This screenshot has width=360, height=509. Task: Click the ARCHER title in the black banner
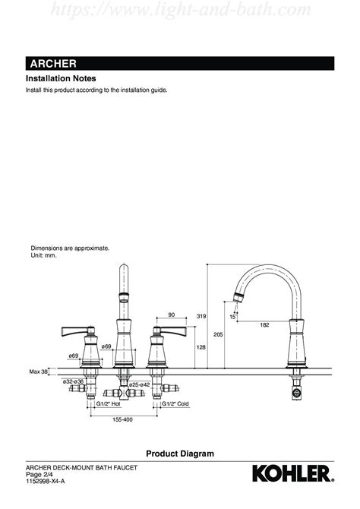53,64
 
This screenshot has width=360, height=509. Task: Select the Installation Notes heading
61,78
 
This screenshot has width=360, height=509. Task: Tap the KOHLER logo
293,473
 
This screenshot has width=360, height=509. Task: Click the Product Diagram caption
180,454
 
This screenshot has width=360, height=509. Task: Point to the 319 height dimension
201,316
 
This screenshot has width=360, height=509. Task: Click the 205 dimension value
218,334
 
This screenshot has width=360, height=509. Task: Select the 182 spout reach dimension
264,324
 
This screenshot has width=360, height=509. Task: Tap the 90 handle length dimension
172,315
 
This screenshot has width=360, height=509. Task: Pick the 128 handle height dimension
201,347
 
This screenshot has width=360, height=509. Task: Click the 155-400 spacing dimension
122,419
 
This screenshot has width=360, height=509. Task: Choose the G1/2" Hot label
108,404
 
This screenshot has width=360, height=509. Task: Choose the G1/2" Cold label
175,404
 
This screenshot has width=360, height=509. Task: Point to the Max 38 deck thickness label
38,371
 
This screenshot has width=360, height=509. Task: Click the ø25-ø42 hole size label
139,384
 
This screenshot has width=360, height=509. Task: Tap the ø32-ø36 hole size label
73,381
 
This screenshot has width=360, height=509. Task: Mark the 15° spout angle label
232,317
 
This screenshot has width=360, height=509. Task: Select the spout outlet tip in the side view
238,298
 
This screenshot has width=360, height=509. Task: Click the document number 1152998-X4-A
45,481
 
